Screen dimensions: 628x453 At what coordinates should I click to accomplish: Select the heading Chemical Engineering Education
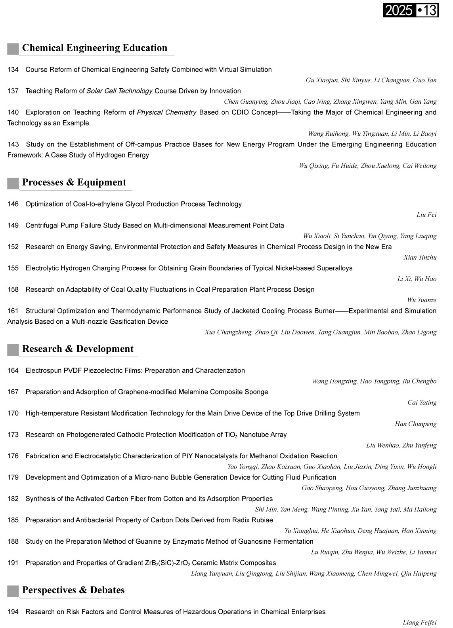(x=95, y=48)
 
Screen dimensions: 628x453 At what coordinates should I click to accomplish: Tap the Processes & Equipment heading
(x=74, y=182)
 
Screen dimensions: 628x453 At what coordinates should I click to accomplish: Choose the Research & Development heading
(x=78, y=349)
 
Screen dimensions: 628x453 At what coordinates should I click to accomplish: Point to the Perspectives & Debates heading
(x=73, y=590)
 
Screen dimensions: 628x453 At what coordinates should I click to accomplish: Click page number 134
(x=13, y=70)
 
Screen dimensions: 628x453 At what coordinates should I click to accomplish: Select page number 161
(x=13, y=311)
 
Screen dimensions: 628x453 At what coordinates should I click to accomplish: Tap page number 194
(x=13, y=612)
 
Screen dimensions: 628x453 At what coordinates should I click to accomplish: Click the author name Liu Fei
(x=426, y=215)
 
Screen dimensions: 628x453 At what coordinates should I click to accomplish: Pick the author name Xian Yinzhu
(x=420, y=258)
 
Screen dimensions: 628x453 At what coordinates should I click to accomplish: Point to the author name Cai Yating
(x=422, y=403)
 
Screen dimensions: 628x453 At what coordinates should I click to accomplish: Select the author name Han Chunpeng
(x=416, y=424)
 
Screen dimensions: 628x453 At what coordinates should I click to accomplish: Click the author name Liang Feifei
(x=420, y=622)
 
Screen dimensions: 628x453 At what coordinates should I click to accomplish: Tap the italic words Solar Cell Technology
(x=119, y=91)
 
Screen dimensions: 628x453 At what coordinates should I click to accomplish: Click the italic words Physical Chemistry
(x=166, y=112)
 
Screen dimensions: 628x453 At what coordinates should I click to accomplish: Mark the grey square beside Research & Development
(x=13, y=350)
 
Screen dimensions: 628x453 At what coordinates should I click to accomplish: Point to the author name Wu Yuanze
(x=422, y=300)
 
